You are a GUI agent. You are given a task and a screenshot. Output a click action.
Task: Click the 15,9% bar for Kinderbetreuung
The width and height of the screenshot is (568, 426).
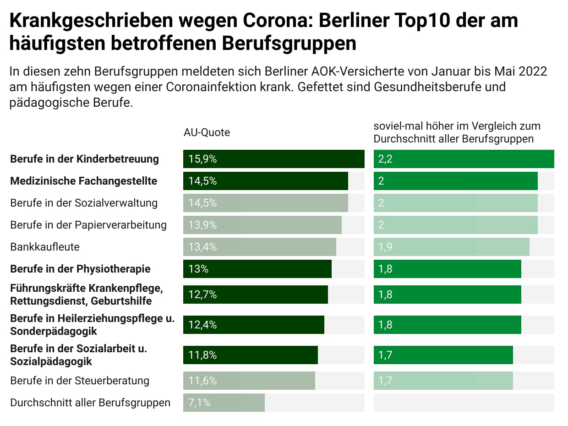pos(273,159)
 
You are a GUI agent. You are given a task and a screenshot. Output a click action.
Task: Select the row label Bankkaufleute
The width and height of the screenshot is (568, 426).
pos(45,247)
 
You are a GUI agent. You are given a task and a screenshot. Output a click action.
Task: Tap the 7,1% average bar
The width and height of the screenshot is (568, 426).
pos(224,403)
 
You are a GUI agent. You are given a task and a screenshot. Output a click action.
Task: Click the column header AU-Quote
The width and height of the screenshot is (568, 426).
pos(207,132)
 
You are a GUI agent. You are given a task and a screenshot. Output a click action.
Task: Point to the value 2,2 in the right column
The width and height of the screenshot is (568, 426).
pos(385,159)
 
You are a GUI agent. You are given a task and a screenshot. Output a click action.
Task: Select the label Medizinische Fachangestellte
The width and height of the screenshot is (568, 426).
pos(83,181)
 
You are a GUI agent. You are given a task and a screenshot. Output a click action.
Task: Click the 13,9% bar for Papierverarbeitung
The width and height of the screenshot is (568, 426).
pos(262,225)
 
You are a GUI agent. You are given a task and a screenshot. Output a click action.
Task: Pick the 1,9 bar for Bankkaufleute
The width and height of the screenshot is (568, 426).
pos(451,247)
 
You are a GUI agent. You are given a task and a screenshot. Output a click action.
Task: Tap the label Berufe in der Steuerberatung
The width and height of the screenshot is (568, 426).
pos(80,381)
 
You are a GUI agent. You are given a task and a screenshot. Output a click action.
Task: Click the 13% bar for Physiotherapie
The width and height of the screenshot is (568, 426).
pos(257,269)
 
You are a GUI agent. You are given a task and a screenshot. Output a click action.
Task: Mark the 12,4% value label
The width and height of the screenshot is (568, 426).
pos(202,325)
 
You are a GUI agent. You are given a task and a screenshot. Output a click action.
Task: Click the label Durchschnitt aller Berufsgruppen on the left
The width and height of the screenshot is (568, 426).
pos(90,403)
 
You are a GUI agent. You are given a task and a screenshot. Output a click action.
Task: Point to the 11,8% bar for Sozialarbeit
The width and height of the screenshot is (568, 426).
pos(250,355)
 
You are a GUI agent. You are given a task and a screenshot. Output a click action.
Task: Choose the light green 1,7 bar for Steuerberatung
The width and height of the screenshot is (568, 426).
pos(443,381)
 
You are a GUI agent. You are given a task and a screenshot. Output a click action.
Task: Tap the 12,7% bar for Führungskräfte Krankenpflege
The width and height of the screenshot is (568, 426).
pos(255,295)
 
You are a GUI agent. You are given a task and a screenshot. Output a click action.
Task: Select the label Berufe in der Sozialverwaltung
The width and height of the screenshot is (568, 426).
pos(84,203)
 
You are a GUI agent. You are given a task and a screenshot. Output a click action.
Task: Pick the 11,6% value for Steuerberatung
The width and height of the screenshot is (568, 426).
pos(202,381)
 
